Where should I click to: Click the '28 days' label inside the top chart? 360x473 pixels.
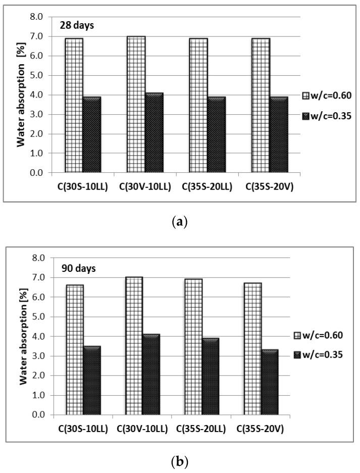[71, 25]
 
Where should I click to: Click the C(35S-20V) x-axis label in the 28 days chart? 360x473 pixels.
[266, 186]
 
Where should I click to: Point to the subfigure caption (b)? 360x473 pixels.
[180, 461]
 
